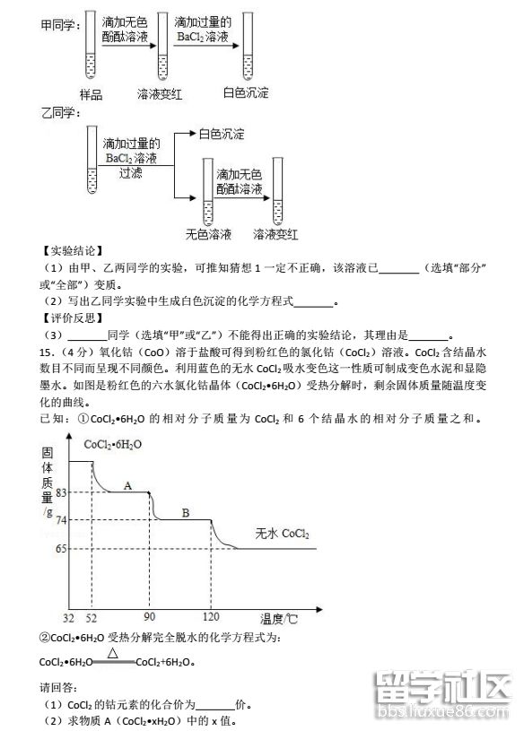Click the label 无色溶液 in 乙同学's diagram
coord(208,235)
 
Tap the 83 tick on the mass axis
coord(62,492)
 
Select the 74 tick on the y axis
coord(62,520)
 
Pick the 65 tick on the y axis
coord(62,549)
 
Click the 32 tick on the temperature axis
coord(68,619)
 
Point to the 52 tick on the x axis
coord(91,619)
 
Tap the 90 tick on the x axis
coord(149,619)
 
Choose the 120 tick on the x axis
coord(212,619)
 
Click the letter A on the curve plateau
coord(127,486)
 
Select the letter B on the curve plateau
coord(186,513)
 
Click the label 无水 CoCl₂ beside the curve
coord(282,534)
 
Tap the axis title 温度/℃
coord(279,619)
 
